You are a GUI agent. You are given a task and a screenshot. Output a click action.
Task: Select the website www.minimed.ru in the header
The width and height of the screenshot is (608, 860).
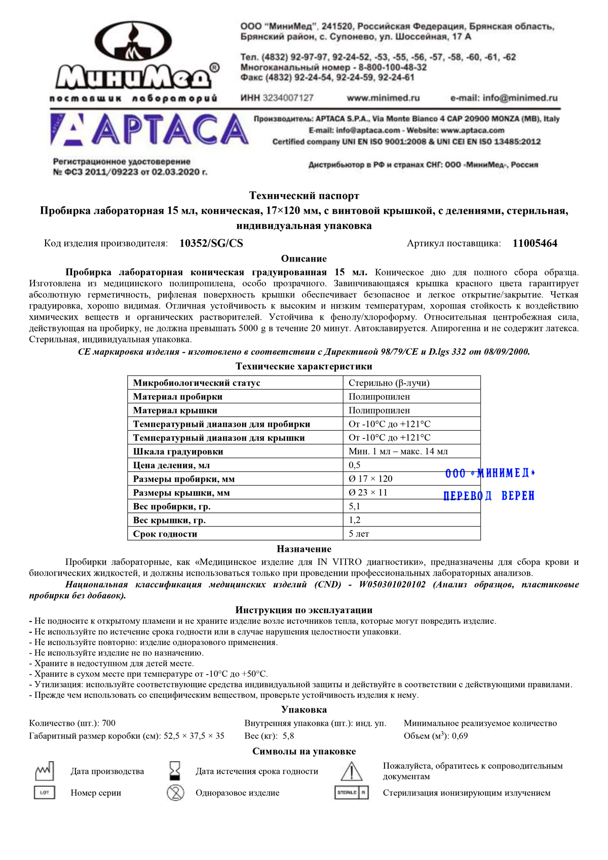pyautogui.click(x=383, y=98)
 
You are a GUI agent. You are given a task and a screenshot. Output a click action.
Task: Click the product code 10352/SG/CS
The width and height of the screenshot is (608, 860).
pyautogui.click(x=211, y=243)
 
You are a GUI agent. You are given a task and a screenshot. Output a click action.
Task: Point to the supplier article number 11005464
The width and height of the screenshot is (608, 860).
pyautogui.click(x=535, y=243)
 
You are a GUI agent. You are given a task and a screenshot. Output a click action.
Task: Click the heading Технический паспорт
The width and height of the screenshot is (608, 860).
pyautogui.click(x=304, y=196)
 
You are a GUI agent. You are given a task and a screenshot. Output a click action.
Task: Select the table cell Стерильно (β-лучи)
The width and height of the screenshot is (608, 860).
pyautogui.click(x=389, y=383)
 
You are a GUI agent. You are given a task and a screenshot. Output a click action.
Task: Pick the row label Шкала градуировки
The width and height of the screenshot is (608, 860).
pyautogui.click(x=178, y=452)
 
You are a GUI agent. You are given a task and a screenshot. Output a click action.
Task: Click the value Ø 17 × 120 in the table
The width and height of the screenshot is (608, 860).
pyautogui.click(x=370, y=479)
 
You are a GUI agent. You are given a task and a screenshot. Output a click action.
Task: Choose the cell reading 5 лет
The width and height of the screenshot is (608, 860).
pyautogui.click(x=359, y=534)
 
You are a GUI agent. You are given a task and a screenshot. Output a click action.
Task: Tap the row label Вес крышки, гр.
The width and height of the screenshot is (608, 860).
pyautogui.click(x=169, y=520)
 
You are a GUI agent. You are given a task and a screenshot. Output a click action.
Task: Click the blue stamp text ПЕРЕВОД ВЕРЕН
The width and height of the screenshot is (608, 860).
pyautogui.click(x=489, y=496)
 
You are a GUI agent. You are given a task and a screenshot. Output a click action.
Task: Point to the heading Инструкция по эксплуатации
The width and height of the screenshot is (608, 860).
pyautogui.click(x=304, y=610)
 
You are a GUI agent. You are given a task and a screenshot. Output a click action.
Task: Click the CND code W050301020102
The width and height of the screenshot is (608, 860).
pyautogui.click(x=392, y=585)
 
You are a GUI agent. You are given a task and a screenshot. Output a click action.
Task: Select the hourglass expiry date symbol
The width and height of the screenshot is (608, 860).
pyautogui.click(x=175, y=770)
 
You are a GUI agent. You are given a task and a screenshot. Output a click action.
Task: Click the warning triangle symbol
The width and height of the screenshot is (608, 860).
pyautogui.click(x=351, y=771)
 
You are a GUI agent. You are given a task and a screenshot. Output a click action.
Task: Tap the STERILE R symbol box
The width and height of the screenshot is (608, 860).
pyautogui.click(x=351, y=793)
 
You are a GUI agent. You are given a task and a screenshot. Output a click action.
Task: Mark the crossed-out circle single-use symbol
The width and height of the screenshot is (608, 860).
pyautogui.click(x=175, y=793)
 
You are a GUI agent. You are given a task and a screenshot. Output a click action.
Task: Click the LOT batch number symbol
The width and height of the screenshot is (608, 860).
pyautogui.click(x=45, y=793)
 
